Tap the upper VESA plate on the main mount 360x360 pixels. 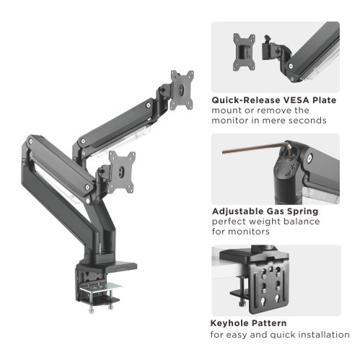tap(182, 89)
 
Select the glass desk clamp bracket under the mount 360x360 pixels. tap(99, 289)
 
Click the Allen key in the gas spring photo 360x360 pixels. tap(245, 152)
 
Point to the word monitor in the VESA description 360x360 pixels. tap(229, 120)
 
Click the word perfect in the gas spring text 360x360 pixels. tap(231, 222)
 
